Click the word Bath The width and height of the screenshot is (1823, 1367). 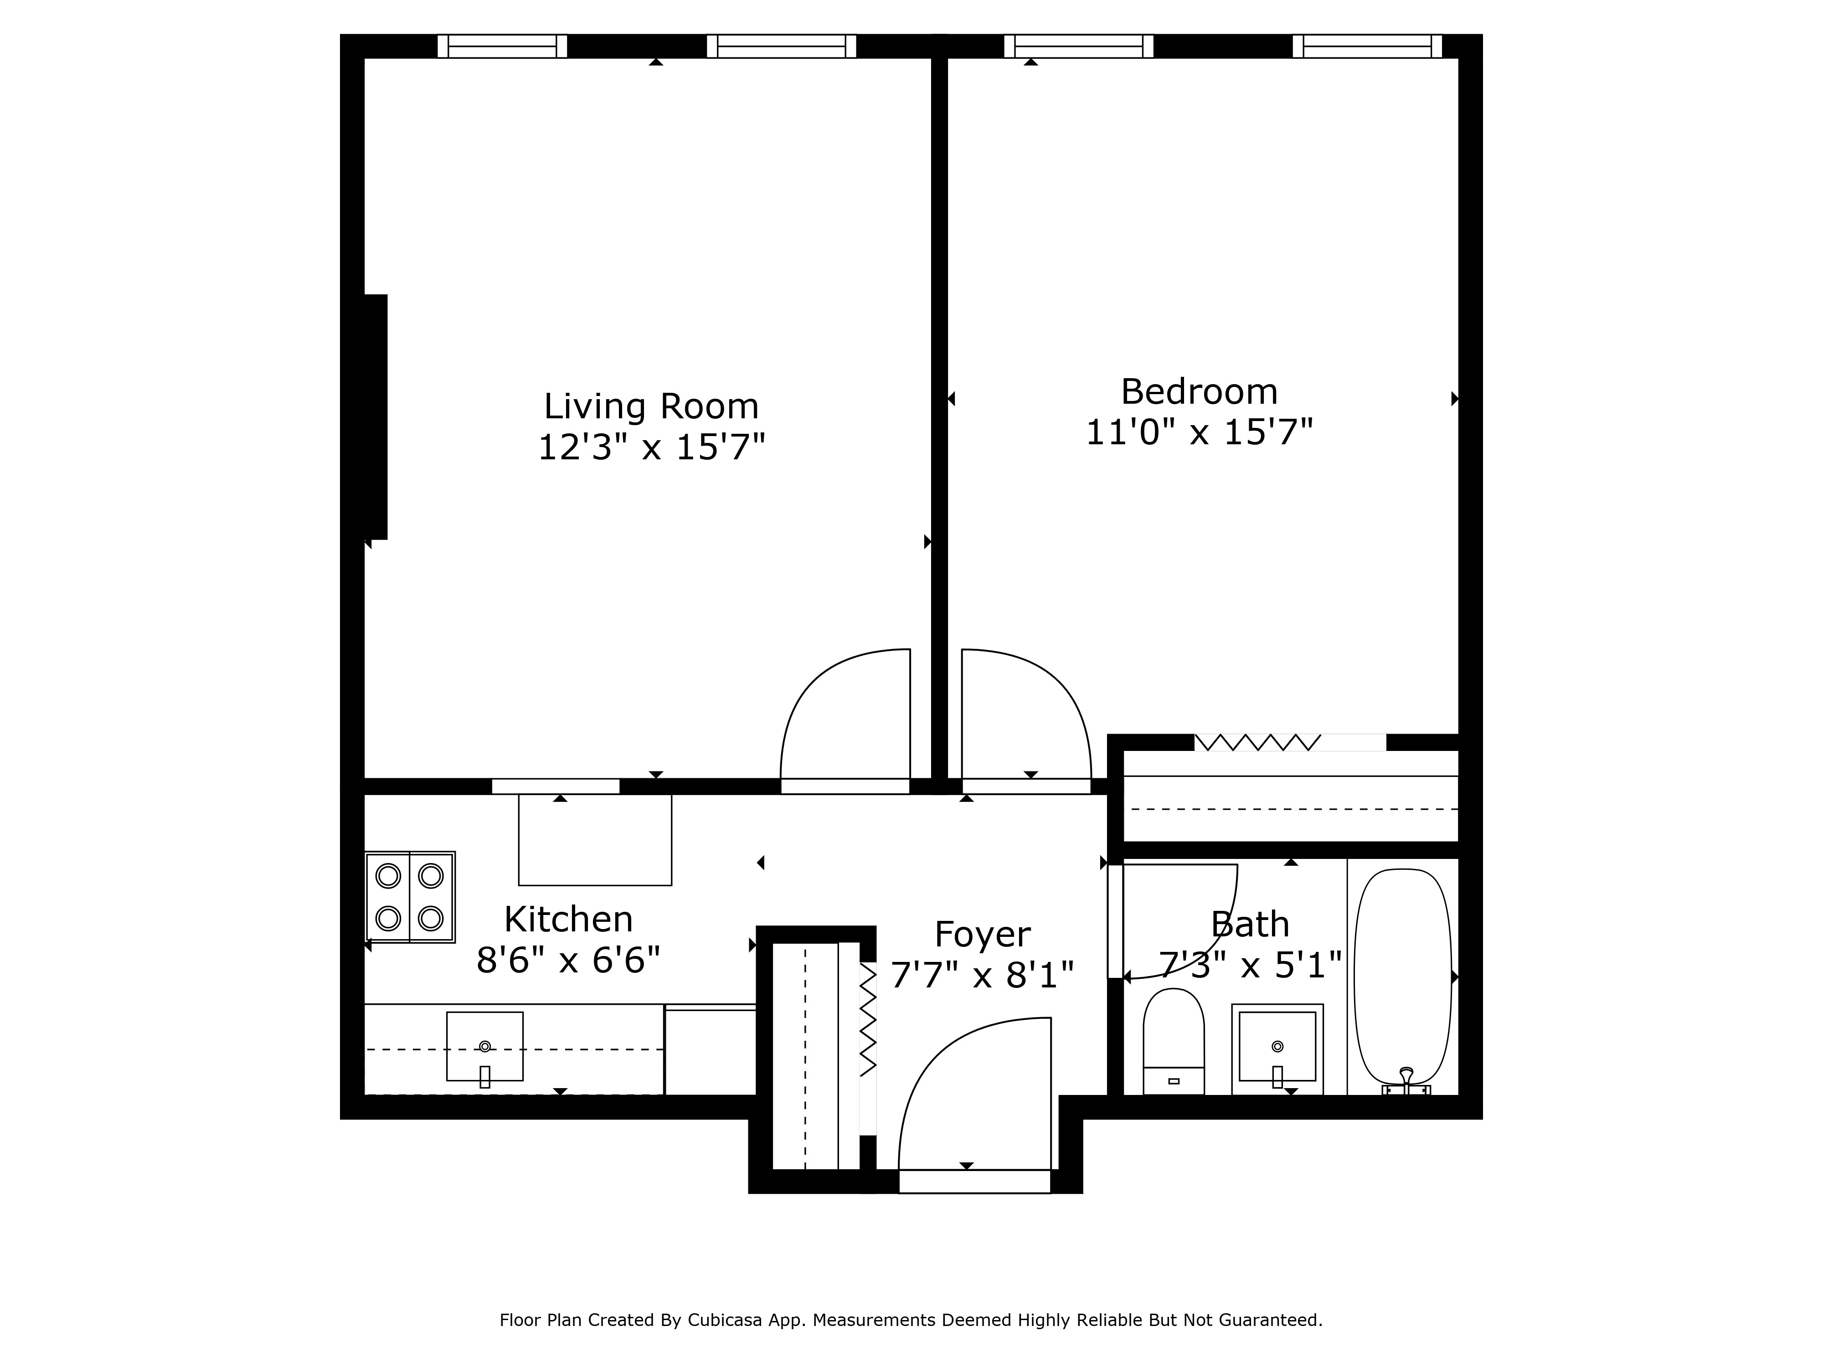coord(1249,925)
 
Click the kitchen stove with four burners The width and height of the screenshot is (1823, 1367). coord(410,896)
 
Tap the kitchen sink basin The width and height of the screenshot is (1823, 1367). coord(484,1046)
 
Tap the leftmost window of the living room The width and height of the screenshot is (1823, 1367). coord(502,46)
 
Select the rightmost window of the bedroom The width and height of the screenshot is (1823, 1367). coord(1367,46)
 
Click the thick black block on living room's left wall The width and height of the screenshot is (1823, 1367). coord(376,416)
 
